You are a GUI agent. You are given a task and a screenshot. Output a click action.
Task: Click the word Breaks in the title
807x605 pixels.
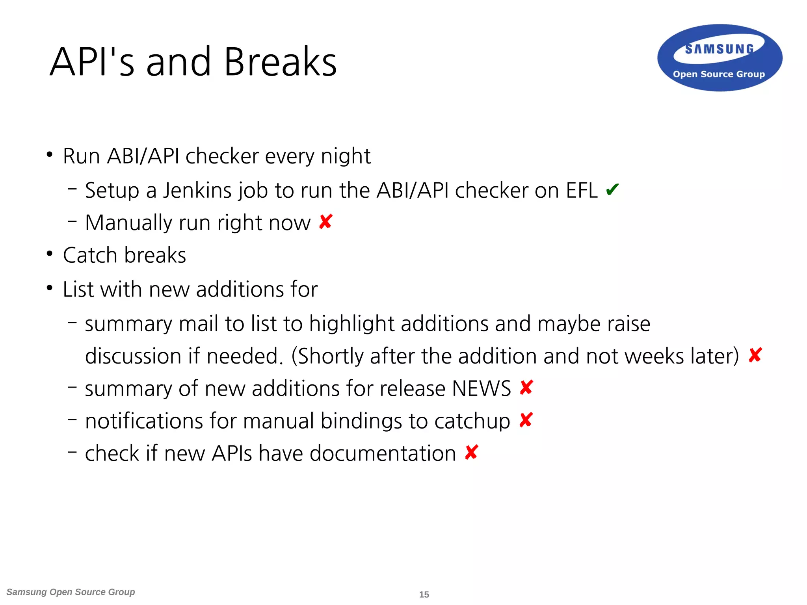click(x=280, y=62)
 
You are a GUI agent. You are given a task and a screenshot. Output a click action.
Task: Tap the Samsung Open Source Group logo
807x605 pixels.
click(x=720, y=58)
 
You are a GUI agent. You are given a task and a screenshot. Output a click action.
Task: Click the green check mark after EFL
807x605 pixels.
click(x=612, y=190)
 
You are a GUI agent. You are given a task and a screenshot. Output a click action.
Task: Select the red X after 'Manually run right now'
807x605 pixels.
click(x=326, y=222)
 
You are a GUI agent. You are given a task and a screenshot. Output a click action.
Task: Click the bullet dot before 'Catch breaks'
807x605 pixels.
click(x=49, y=254)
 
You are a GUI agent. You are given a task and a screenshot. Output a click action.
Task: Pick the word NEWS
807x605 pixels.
click(x=481, y=389)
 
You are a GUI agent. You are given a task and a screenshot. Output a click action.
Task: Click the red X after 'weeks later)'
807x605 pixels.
click(x=755, y=356)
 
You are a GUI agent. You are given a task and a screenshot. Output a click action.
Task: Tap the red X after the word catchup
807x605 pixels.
click(x=526, y=420)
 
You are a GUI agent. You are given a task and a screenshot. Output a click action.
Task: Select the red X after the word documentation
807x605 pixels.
click(x=471, y=453)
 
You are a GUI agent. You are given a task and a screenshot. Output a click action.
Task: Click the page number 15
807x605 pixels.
click(x=424, y=594)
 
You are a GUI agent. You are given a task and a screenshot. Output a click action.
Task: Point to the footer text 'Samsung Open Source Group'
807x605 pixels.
click(x=71, y=592)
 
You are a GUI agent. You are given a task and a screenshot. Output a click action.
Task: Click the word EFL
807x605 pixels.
click(x=582, y=191)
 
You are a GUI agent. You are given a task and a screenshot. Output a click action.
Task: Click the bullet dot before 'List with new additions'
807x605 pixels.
click(x=49, y=288)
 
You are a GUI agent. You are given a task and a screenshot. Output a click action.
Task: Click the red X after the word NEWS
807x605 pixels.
click(x=526, y=388)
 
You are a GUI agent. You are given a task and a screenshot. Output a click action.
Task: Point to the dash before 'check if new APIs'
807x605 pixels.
click(x=72, y=452)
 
